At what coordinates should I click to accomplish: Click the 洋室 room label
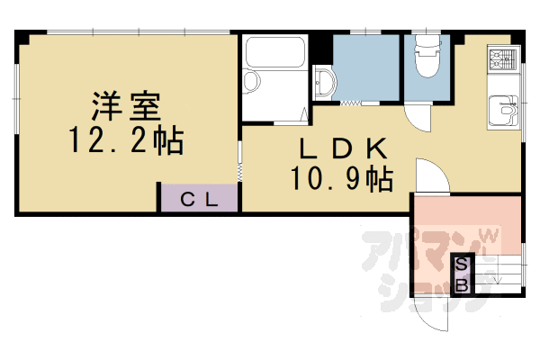[x=125, y=107]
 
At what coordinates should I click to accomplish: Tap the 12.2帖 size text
[x=125, y=140]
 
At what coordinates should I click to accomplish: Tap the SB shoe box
[x=460, y=275]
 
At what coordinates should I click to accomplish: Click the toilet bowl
[x=427, y=61]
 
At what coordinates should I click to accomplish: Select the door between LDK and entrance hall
[x=428, y=175]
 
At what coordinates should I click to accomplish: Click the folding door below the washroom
[x=351, y=103]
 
